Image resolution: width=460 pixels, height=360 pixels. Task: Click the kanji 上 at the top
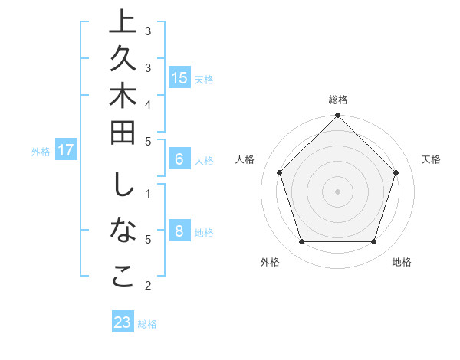[123, 22]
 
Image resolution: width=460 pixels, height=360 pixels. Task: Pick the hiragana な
[123, 231]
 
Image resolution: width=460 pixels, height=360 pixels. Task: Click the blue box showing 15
[179, 77]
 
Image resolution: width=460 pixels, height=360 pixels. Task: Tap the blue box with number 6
[179, 159]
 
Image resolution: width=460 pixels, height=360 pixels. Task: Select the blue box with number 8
[179, 231]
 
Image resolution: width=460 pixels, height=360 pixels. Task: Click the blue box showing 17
[66, 150]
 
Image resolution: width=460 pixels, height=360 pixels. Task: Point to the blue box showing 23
[122, 322]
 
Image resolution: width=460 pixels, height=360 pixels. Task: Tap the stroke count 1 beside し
[148, 192]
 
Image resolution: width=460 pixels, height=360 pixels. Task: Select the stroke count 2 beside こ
[148, 286]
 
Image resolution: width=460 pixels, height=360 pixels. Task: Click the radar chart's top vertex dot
[337, 116]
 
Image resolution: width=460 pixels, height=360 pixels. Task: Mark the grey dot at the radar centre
[337, 191]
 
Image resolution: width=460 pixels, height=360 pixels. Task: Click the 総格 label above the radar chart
[337, 100]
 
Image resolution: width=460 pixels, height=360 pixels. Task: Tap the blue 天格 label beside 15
[204, 79]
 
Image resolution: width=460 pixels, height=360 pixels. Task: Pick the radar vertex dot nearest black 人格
[279, 172]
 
